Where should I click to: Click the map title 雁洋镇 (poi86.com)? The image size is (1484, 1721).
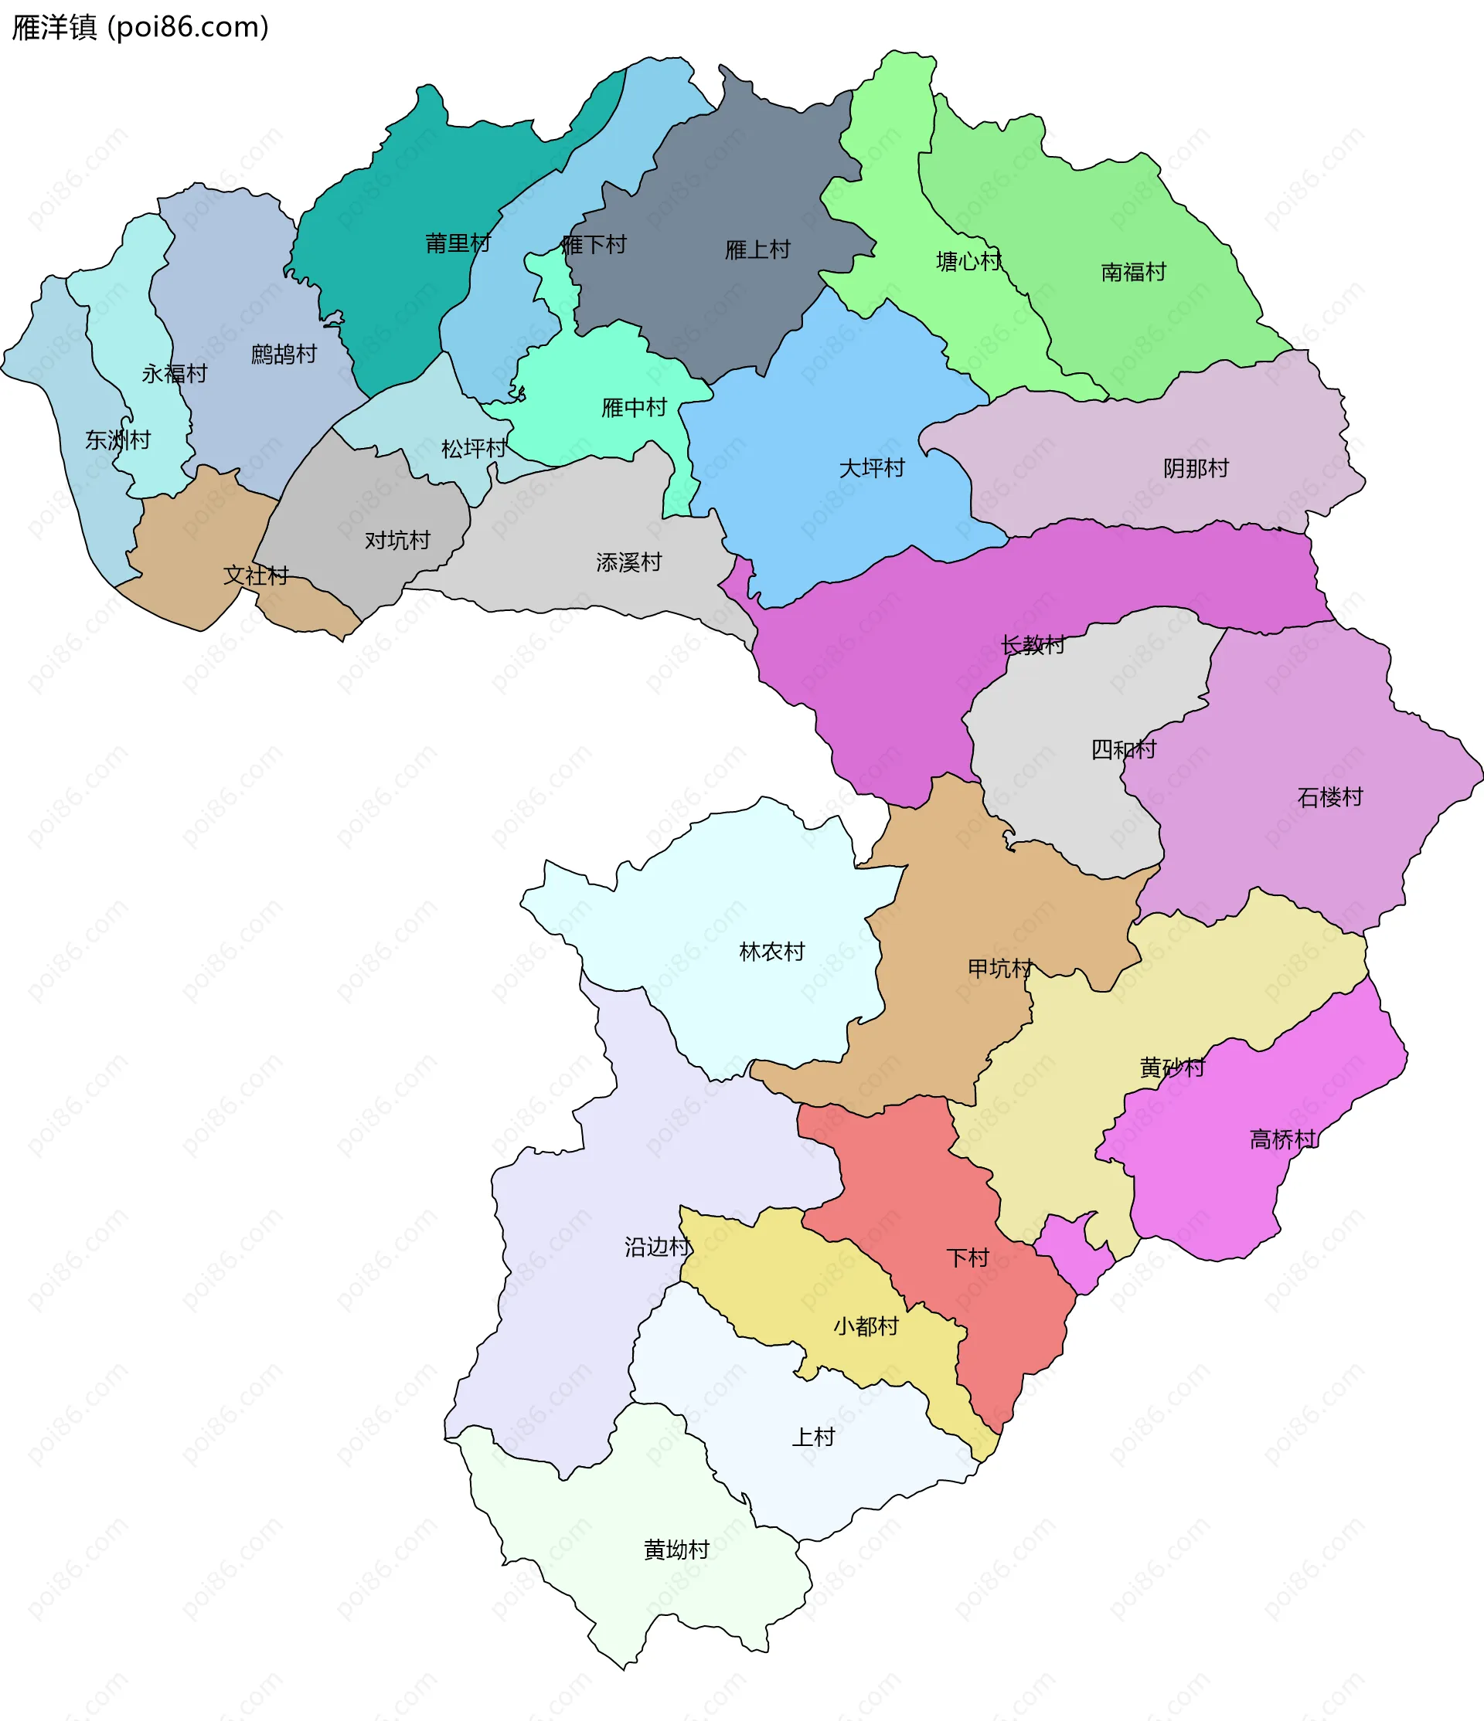[140, 27]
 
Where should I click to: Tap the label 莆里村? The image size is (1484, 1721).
[458, 243]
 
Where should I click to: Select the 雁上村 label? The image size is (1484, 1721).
[757, 250]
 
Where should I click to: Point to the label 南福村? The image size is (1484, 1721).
[1132, 273]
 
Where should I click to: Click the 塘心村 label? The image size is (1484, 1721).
[968, 262]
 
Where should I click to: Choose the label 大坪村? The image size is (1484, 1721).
[871, 468]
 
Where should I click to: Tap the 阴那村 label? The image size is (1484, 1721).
[1195, 468]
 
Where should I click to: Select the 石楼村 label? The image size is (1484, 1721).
[1329, 797]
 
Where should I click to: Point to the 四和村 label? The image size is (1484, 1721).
[1122, 749]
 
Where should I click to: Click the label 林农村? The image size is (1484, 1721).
[771, 952]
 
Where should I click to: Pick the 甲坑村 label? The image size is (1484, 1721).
[999, 969]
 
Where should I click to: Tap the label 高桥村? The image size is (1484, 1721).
[1282, 1139]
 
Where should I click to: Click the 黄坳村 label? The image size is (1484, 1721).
[676, 1550]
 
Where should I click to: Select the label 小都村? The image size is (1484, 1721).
[865, 1326]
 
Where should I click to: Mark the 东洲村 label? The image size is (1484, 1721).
[117, 440]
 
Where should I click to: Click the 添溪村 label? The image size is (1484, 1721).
[628, 563]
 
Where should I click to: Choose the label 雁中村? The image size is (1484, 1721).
[634, 408]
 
